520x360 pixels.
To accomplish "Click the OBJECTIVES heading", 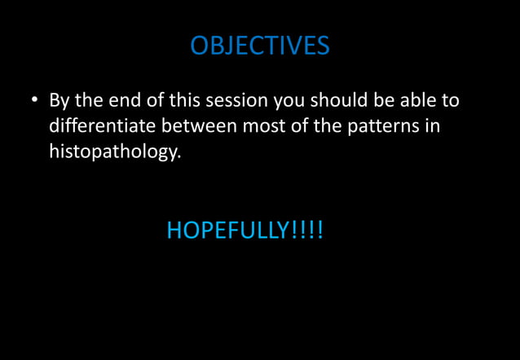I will (260, 46).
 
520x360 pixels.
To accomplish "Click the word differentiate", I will (103, 126).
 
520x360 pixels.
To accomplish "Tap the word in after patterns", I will (432, 126).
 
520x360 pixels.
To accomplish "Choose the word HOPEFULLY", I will (227, 230).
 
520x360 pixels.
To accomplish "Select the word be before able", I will (381, 101).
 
